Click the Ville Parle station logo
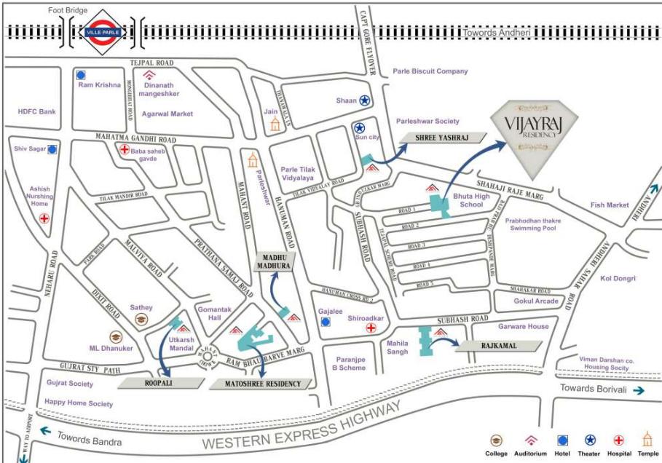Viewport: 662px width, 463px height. pyautogui.click(x=101, y=32)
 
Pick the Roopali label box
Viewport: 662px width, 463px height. pyautogui.click(x=162, y=381)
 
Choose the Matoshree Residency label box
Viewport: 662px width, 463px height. pyautogui.click(x=260, y=383)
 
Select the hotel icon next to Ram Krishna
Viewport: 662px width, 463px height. pyautogui.click(x=81, y=74)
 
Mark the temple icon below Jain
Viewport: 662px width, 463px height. pyautogui.click(x=275, y=124)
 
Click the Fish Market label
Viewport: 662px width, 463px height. pyautogui.click(x=610, y=205)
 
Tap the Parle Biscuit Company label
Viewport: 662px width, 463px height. pyautogui.click(x=430, y=71)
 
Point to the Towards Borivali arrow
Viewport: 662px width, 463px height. pyautogui.click(x=639, y=390)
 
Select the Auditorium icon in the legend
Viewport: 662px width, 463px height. pyautogui.click(x=531, y=440)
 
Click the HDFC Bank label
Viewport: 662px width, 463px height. pyautogui.click(x=36, y=111)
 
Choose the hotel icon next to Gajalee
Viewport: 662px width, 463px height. pyautogui.click(x=326, y=320)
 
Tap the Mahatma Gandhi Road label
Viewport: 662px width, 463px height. pyautogui.click(x=135, y=138)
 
